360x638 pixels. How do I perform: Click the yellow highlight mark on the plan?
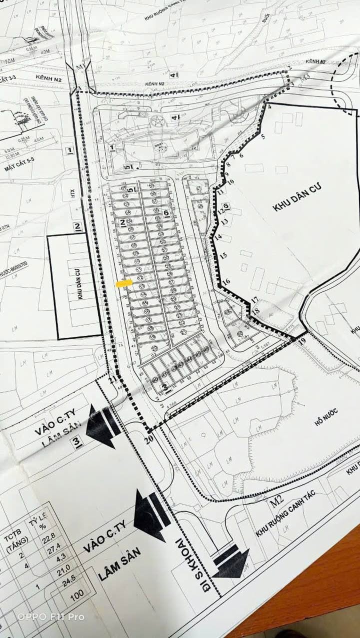pos(124,283)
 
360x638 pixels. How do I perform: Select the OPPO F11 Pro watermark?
pos(51,617)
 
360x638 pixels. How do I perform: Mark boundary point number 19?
pos(302,341)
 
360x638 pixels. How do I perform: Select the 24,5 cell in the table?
pos(67,581)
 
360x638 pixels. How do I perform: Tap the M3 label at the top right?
pos(304,76)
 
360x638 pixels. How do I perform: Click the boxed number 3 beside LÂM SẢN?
pos(76,442)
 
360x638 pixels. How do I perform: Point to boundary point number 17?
pos(254,300)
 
